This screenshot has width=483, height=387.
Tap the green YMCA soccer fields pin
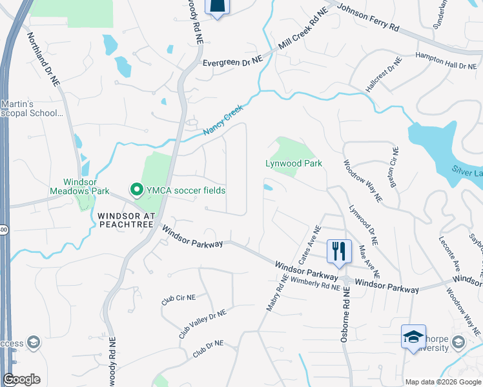[x=137, y=190]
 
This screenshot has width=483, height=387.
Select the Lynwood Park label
[x=294, y=163]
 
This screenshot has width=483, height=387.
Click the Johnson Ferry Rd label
[x=369, y=18]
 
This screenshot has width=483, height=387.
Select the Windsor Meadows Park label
[x=79, y=186]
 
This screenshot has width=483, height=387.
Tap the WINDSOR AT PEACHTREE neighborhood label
[x=126, y=219]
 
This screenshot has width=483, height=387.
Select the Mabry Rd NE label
[x=276, y=292]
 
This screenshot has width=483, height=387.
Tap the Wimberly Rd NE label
[x=315, y=284]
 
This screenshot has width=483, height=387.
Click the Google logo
[x=21, y=379]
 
